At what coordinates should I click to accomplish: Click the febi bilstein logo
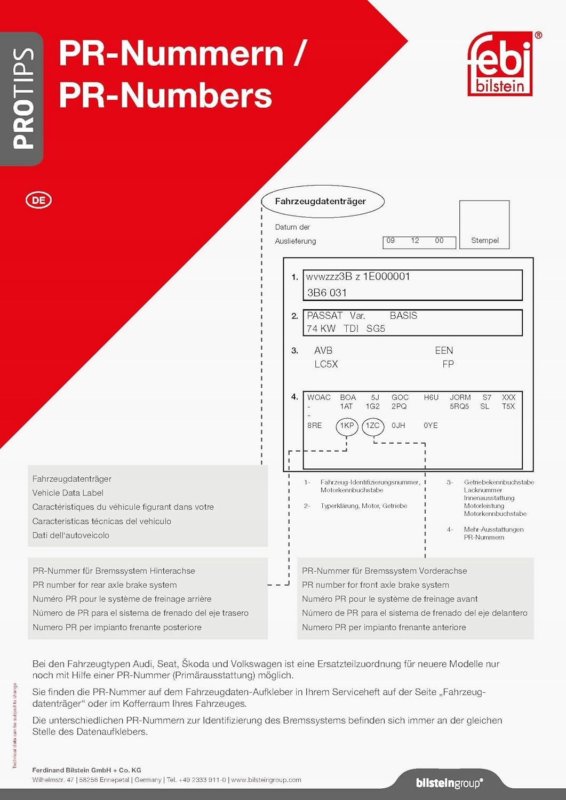coord(500,64)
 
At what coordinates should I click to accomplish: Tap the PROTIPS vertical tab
coord(22,99)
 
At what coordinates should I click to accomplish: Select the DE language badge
coord(38,201)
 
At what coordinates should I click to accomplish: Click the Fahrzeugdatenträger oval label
coord(320,202)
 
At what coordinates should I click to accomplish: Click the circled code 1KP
coord(347,426)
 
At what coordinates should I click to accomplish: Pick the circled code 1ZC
coord(372,426)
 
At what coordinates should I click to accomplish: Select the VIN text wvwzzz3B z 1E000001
coord(358,277)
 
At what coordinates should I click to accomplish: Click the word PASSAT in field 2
coord(324,316)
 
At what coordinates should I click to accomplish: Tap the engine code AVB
coord(323,350)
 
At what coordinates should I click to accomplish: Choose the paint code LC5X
coord(326,364)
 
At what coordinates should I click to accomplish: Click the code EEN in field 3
coord(444,350)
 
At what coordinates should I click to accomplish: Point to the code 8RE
coord(314,426)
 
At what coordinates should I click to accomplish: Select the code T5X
coord(508,406)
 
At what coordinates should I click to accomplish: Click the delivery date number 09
coord(390,241)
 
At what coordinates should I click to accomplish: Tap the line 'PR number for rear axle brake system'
coord(105,585)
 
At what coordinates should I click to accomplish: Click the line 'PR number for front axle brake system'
coord(376,585)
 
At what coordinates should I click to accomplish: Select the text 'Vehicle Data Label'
coord(68,493)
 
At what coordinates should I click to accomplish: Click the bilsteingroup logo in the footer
coord(449,783)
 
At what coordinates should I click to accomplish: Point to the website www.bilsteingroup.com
coord(266,780)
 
